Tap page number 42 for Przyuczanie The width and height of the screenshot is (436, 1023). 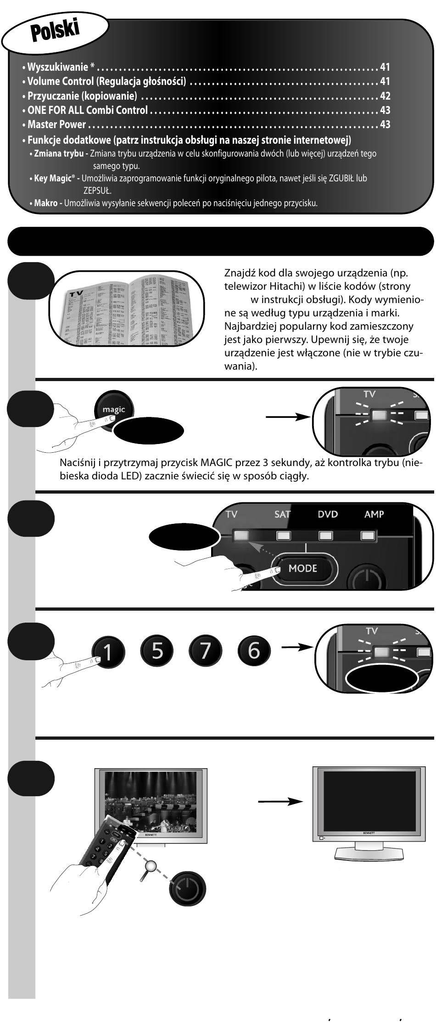(x=385, y=96)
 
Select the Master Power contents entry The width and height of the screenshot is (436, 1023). (x=56, y=124)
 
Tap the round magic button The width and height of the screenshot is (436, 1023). (x=114, y=410)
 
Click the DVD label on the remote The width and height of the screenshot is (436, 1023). (x=328, y=514)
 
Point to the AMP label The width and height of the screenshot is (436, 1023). (x=374, y=514)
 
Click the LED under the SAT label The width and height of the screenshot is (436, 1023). (x=283, y=535)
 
